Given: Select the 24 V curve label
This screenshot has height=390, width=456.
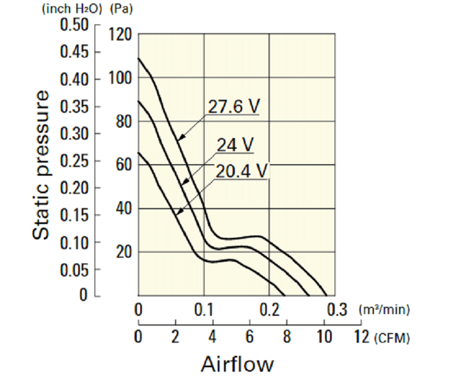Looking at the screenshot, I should [x=235, y=145].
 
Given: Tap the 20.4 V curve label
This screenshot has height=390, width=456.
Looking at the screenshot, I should [x=242, y=170].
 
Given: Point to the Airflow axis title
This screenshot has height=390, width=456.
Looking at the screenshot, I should [x=237, y=364].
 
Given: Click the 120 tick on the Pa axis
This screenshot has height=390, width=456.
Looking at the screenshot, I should [x=120, y=35].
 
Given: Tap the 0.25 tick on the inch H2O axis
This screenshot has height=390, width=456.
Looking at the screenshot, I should [x=74, y=161].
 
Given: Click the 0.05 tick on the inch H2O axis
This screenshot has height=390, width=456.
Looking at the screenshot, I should [x=74, y=269].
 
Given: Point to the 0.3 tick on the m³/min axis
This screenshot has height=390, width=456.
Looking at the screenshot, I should [x=337, y=311].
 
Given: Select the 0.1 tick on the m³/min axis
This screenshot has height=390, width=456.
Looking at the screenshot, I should [x=204, y=311].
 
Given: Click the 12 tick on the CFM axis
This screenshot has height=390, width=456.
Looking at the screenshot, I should [x=361, y=336].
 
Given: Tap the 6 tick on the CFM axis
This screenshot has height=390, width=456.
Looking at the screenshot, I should [x=250, y=336].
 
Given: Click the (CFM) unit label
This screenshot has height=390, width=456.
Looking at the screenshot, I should [x=393, y=338].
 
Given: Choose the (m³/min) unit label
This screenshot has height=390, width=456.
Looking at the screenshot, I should [x=385, y=311].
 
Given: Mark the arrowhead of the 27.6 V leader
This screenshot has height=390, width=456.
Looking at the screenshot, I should [x=177, y=139].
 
